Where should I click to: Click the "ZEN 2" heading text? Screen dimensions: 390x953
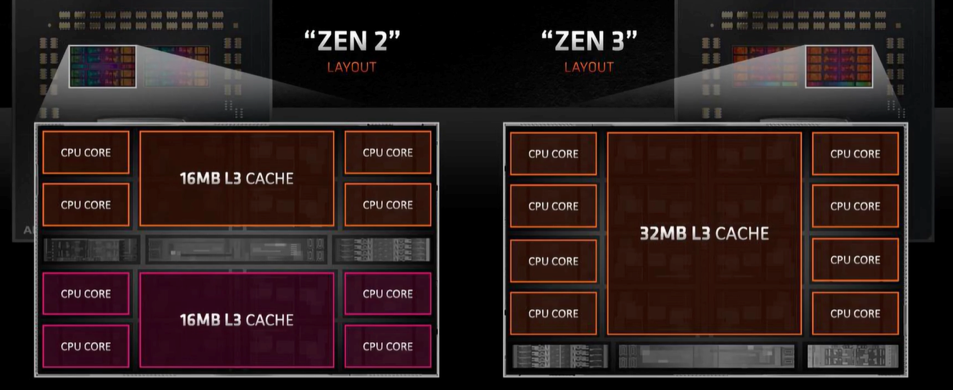pyautogui.click(x=352, y=41)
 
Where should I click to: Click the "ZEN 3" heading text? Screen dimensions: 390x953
pyautogui.click(x=588, y=41)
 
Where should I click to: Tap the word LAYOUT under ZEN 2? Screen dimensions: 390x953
pyautogui.click(x=351, y=67)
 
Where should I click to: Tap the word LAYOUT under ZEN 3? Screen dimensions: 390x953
pyautogui.click(x=589, y=67)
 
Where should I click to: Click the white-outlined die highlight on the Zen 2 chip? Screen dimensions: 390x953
pyautogui.click(x=102, y=67)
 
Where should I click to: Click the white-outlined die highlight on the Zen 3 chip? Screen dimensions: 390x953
pyautogui.click(x=839, y=67)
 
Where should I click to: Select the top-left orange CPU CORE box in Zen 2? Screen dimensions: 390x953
pyautogui.click(x=86, y=152)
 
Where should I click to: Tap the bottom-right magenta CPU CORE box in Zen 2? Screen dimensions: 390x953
pyautogui.click(x=388, y=346)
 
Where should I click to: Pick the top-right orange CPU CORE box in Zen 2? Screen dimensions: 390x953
pyautogui.click(x=388, y=152)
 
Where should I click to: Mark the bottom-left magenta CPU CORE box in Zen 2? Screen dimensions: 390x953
pyautogui.click(x=86, y=346)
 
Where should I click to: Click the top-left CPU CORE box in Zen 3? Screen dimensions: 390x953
pyautogui.click(x=553, y=154)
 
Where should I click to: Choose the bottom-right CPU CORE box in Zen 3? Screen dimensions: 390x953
pyautogui.click(x=855, y=313)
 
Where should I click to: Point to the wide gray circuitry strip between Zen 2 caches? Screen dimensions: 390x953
pyautogui.click(x=237, y=250)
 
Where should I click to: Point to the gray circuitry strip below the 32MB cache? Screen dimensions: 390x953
pyautogui.click(x=706, y=356)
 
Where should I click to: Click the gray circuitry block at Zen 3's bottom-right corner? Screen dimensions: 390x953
pyautogui.click(x=852, y=356)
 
